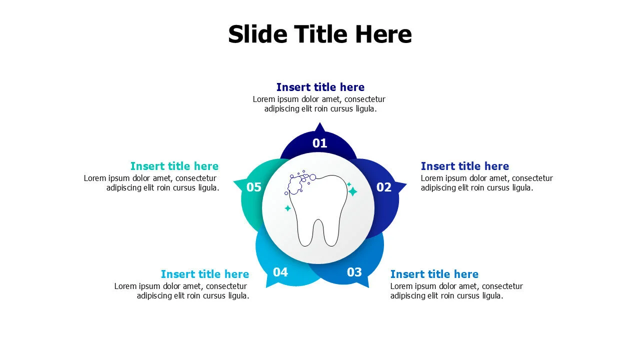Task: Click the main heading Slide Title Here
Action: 320,34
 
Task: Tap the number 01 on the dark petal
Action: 320,143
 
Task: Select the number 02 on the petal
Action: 384,187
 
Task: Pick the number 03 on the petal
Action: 354,272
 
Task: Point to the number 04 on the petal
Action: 280,272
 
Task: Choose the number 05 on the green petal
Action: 254,187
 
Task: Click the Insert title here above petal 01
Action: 320,87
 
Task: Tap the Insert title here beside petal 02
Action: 464,166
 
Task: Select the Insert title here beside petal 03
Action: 434,274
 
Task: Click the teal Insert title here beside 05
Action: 174,166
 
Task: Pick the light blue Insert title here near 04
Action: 205,274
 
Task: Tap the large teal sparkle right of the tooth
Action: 352,191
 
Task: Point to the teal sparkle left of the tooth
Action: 287,208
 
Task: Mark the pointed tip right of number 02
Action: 402,185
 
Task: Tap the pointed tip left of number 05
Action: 237,181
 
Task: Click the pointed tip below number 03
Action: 365,284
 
